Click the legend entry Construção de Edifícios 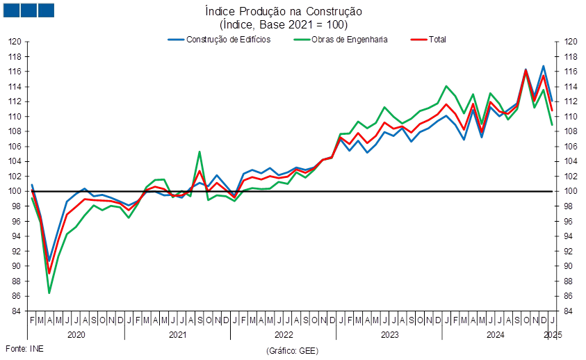pos(219,40)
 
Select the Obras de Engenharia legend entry pos(341,40)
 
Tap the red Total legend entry pos(428,40)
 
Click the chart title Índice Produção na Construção pos(284,11)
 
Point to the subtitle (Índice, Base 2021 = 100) pos(284,25)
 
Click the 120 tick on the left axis pos(15,42)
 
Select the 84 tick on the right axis pos(568,311)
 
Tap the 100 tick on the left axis pos(15,191)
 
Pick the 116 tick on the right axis pos(570,72)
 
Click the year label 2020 pos(76,334)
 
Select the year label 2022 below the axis pos(284,334)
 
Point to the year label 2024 pos(495,334)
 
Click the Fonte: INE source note pos(24,349)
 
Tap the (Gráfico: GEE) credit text pos(292,351)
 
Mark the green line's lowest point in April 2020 pos(49,293)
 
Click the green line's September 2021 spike pos(200,152)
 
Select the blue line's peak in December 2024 pos(544,66)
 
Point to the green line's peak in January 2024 pos(446,86)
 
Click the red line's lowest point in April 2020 pos(49,273)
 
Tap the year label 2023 pos(389,334)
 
